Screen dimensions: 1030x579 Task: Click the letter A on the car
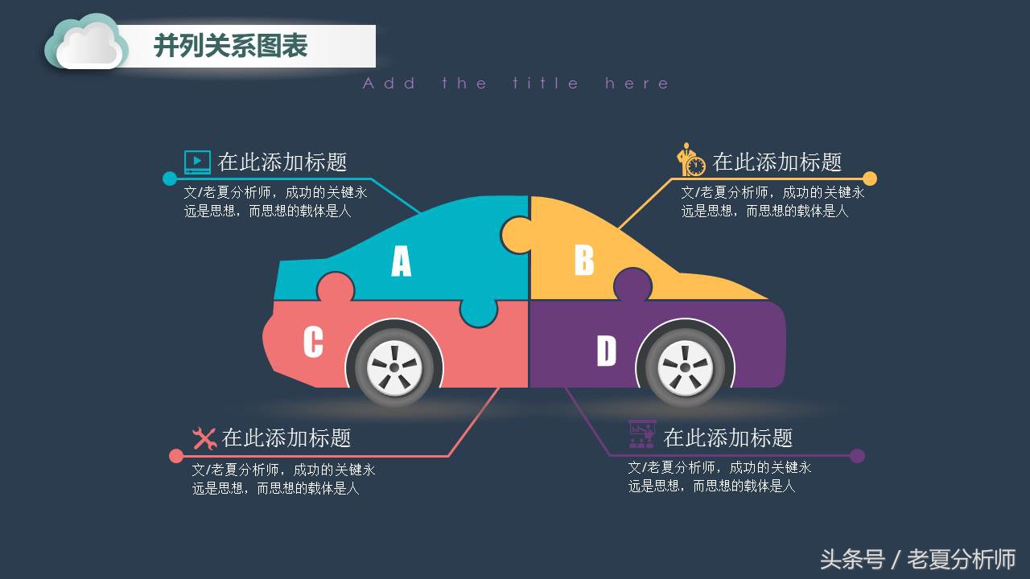click(401, 261)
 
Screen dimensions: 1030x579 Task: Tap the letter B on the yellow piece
click(584, 260)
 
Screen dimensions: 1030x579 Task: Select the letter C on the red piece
click(313, 342)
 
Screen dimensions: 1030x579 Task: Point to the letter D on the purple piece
click(606, 350)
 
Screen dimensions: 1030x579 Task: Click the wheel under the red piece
click(394, 368)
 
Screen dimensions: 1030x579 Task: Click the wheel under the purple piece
click(685, 368)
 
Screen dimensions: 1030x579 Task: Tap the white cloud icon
click(86, 43)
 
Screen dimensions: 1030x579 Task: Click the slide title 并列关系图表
click(230, 46)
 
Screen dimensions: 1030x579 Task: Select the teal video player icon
click(197, 162)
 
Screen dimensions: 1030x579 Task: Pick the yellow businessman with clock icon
click(690, 160)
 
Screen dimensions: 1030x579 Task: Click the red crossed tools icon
click(204, 438)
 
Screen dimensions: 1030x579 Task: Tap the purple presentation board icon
click(641, 433)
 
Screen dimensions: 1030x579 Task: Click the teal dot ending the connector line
click(170, 179)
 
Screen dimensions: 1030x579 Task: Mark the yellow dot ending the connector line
click(870, 179)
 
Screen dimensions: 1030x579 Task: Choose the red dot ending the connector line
click(176, 456)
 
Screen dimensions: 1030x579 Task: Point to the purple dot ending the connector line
click(857, 456)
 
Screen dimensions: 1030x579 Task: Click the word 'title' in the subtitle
click(545, 83)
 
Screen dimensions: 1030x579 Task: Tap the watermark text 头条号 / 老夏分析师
click(918, 559)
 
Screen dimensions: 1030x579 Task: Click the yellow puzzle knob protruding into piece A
click(516, 234)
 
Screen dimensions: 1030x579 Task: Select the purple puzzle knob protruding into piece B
click(632, 284)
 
